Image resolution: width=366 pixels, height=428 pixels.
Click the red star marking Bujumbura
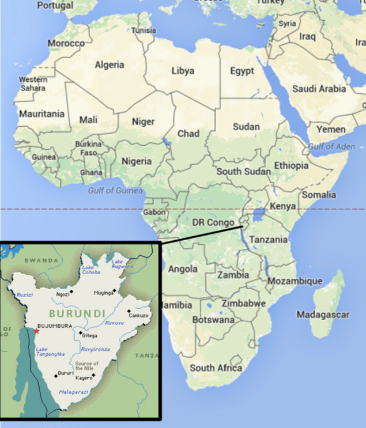point(36,331)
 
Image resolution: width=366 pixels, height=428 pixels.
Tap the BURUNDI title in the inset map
point(77,314)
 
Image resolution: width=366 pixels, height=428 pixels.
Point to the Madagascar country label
point(323,315)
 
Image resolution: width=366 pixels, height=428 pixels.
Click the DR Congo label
point(213,222)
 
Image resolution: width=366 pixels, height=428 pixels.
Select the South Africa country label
point(216,368)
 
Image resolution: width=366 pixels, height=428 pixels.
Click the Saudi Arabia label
point(319,89)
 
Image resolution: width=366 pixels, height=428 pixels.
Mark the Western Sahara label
point(33,84)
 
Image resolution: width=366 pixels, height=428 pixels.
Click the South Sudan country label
point(243,172)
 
